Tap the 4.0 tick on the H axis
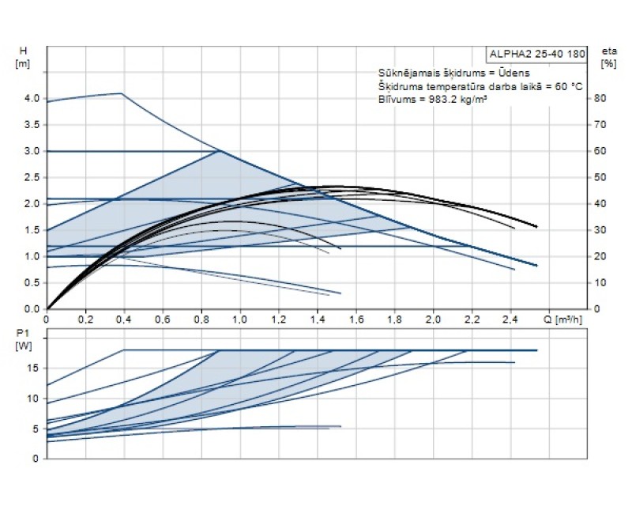(x=32, y=98)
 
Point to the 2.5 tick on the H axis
(x=32, y=177)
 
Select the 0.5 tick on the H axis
(x=32, y=282)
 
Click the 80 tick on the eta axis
(x=600, y=98)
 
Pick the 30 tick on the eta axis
(x=600, y=230)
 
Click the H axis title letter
(x=23, y=51)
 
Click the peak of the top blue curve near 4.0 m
(x=122, y=93)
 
